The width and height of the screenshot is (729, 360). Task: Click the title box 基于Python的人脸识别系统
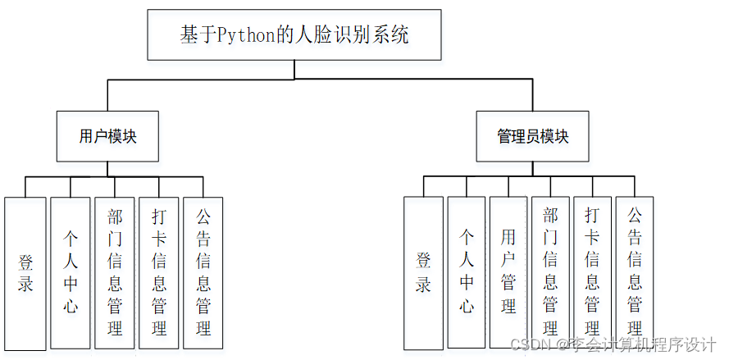pyautogui.click(x=294, y=35)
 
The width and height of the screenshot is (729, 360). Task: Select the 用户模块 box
pyautogui.click(x=107, y=136)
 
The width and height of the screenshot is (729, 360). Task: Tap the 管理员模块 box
pyautogui.click(x=532, y=136)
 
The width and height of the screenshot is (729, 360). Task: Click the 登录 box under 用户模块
pyautogui.click(x=25, y=274)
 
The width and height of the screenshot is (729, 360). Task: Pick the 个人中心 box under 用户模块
pyautogui.click(x=71, y=274)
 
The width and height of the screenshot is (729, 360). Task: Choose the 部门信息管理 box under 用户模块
pyautogui.click(x=115, y=272)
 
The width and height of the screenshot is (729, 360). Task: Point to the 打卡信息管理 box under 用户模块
pyautogui.click(x=159, y=272)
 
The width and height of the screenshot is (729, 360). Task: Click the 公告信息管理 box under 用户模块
pyautogui.click(x=203, y=272)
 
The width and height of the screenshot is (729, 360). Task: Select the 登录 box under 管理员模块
pyautogui.click(x=423, y=274)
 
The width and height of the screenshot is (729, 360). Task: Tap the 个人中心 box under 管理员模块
pyautogui.click(x=467, y=274)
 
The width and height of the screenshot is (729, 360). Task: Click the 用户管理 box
pyautogui.click(x=508, y=272)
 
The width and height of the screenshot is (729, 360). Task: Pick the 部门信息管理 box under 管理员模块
pyautogui.click(x=550, y=272)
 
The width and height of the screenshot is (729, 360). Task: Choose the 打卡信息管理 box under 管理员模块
pyautogui.click(x=592, y=272)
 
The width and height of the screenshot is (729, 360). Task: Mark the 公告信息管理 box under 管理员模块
pyautogui.click(x=634, y=272)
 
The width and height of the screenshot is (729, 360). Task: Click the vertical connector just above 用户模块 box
pyautogui.click(x=107, y=95)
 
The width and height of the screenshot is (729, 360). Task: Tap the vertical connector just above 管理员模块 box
pyautogui.click(x=532, y=95)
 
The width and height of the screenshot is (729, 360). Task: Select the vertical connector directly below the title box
pyautogui.click(x=294, y=70)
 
